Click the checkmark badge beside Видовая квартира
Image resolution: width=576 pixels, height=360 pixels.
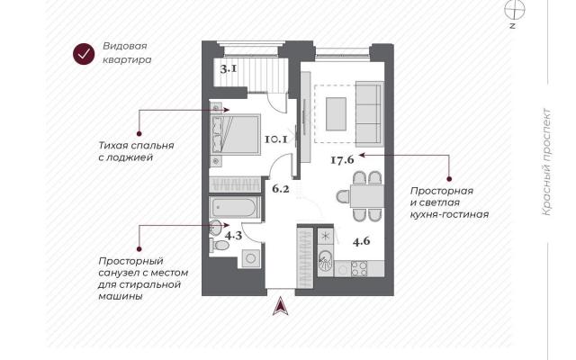click(84, 54)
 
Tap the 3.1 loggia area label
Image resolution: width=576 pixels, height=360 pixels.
click(229, 68)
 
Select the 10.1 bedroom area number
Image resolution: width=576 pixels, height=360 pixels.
click(276, 139)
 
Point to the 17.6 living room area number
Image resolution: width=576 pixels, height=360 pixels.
click(342, 160)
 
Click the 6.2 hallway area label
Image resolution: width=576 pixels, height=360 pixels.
click(281, 189)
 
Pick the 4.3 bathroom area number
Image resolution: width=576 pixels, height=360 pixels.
click(233, 235)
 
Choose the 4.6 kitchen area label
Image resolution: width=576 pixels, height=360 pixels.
click(361, 241)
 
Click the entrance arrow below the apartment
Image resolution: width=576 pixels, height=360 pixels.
click(280, 306)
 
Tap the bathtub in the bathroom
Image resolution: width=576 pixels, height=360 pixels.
click(234, 208)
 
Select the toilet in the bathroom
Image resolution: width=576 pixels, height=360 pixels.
click(220, 245)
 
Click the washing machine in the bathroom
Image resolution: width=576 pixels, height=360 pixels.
click(251, 258)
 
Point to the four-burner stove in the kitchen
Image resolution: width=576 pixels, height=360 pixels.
click(359, 268)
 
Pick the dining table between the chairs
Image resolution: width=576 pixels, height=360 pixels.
click(367, 196)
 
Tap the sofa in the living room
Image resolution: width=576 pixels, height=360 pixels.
click(369, 114)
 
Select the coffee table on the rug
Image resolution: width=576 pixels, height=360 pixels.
click(336, 114)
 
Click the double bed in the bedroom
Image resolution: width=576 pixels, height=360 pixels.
click(235, 134)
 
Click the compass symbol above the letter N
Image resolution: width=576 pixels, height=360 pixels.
click(514, 10)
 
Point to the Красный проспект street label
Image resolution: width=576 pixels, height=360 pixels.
click(547, 162)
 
